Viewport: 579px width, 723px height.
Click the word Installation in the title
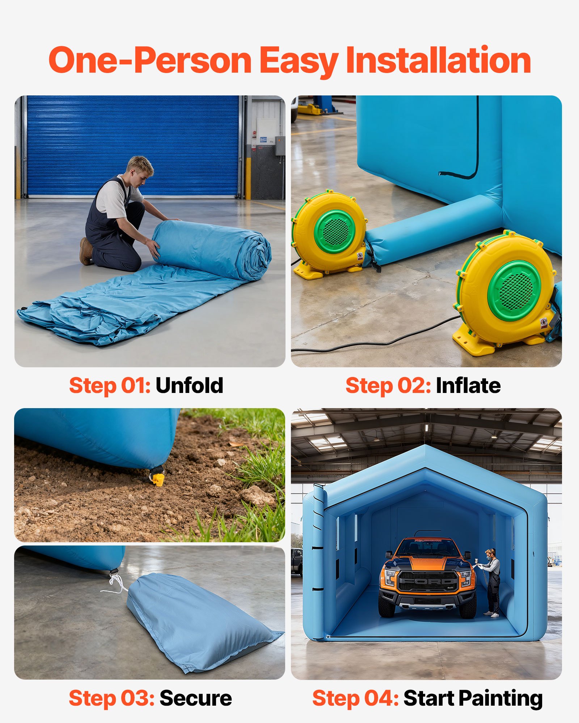[438, 61]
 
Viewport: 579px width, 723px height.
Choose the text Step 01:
[110, 385]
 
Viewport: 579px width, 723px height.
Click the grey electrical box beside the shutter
[279, 146]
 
